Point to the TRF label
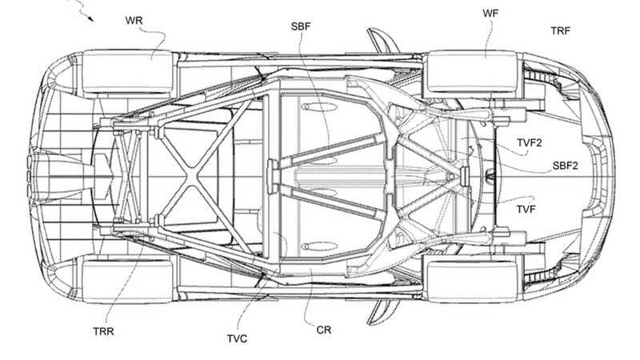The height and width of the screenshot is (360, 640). coord(561,32)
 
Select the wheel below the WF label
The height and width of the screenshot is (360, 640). coord(463,71)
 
